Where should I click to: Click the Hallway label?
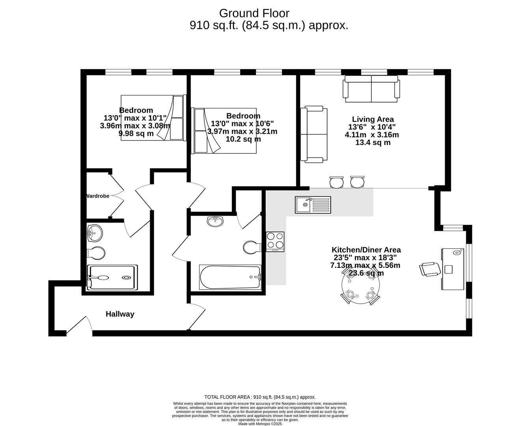[120, 314]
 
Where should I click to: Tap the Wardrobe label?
[97, 196]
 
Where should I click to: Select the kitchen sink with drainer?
[313, 205]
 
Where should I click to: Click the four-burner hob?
[275, 242]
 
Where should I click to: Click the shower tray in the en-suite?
[112, 277]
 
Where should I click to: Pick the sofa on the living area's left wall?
[314, 134]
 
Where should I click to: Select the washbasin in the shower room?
[94, 233]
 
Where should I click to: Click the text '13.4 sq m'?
[373, 142]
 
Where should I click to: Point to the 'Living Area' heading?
[373, 119]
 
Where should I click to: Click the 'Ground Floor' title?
[254, 13]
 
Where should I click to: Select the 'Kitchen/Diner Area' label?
[366, 250]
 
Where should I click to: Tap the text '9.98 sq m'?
[136, 133]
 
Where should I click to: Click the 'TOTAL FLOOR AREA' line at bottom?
[260, 397]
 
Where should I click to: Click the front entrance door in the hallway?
[79, 325]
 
